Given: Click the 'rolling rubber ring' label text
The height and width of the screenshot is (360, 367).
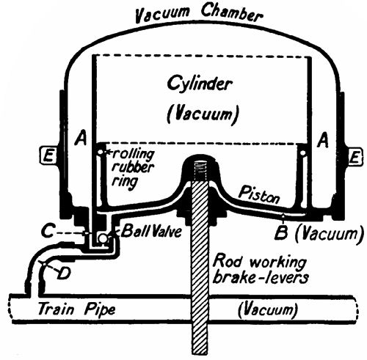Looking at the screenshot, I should pyautogui.click(x=131, y=166).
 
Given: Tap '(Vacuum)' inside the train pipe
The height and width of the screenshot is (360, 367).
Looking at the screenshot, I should pyautogui.click(x=271, y=310).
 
